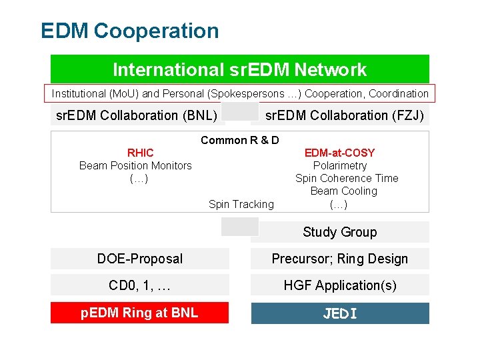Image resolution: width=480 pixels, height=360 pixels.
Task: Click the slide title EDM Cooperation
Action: click(129, 31)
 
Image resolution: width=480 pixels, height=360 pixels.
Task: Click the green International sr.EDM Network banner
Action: click(240, 69)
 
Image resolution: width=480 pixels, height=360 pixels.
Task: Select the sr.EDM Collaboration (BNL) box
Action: click(137, 115)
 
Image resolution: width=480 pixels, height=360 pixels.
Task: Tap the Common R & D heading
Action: click(240, 140)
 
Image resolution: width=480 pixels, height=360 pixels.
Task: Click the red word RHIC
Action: click(140, 153)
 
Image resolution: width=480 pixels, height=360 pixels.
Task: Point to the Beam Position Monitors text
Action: click(135, 165)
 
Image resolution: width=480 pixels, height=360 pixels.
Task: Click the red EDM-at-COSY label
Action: click(339, 153)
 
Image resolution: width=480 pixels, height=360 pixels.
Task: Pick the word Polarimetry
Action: click(340, 165)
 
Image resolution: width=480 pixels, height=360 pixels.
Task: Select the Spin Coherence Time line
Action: click(347, 178)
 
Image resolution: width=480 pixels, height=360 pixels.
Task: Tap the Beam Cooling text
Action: click(343, 191)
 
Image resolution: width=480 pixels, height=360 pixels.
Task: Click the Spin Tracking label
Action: click(241, 204)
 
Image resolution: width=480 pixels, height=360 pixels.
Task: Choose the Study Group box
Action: click(339, 232)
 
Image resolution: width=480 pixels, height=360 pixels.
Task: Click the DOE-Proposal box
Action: click(140, 259)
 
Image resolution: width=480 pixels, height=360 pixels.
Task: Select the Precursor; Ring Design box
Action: click(339, 259)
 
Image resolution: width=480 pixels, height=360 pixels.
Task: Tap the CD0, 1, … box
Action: click(140, 285)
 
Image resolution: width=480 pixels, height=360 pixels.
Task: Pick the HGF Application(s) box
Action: click(339, 285)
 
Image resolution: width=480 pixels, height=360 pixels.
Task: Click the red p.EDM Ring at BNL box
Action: click(139, 313)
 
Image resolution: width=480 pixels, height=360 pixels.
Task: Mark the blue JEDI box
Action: click(340, 313)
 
